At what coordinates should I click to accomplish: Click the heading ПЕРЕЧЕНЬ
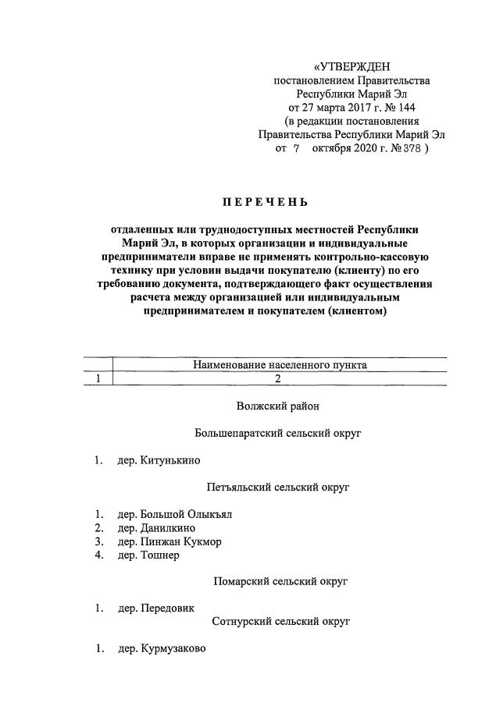(265, 203)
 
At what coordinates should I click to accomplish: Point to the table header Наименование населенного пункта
(280, 364)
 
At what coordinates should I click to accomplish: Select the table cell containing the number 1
(98, 378)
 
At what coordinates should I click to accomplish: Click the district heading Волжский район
(277, 406)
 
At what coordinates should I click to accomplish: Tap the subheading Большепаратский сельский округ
(277, 433)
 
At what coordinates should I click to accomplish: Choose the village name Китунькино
(170, 460)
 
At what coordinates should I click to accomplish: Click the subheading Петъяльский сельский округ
(277, 487)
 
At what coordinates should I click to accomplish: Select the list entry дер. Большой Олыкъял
(175, 514)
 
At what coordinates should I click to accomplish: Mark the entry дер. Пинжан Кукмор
(169, 541)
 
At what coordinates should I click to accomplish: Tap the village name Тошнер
(160, 555)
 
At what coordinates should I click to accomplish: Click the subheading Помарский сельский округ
(280, 581)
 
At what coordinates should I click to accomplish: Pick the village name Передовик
(168, 608)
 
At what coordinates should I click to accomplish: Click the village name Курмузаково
(173, 648)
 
